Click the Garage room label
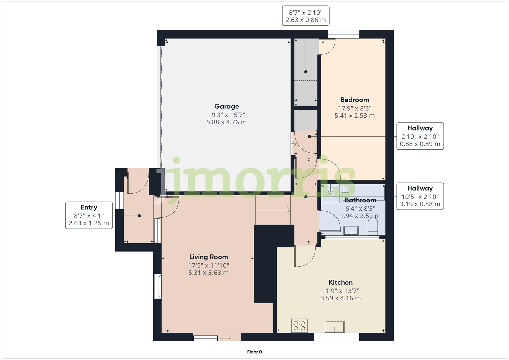click(226, 106)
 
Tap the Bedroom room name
click(354, 100)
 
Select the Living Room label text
click(208, 257)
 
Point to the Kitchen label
click(340, 282)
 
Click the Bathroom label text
click(360, 200)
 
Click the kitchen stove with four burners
click(299, 325)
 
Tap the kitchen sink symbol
click(335, 326)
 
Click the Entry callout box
click(89, 215)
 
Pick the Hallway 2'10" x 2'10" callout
click(420, 136)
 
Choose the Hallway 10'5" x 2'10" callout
click(420, 196)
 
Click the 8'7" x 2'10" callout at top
click(306, 16)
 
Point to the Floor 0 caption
click(254, 352)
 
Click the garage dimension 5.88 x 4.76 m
click(226, 122)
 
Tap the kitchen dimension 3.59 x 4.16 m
click(340, 298)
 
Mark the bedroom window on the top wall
click(344, 34)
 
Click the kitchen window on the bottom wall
click(336, 337)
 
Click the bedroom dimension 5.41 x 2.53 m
click(354, 116)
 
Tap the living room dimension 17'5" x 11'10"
click(208, 266)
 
